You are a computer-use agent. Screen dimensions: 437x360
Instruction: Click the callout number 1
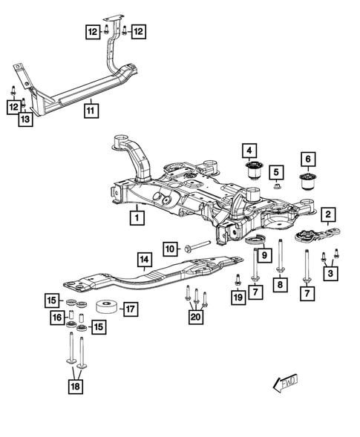click(x=137, y=218)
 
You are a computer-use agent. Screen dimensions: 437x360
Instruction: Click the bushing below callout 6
click(x=307, y=183)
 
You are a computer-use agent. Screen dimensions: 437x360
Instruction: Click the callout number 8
click(x=279, y=283)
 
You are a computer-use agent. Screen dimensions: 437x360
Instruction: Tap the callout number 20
click(x=196, y=317)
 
